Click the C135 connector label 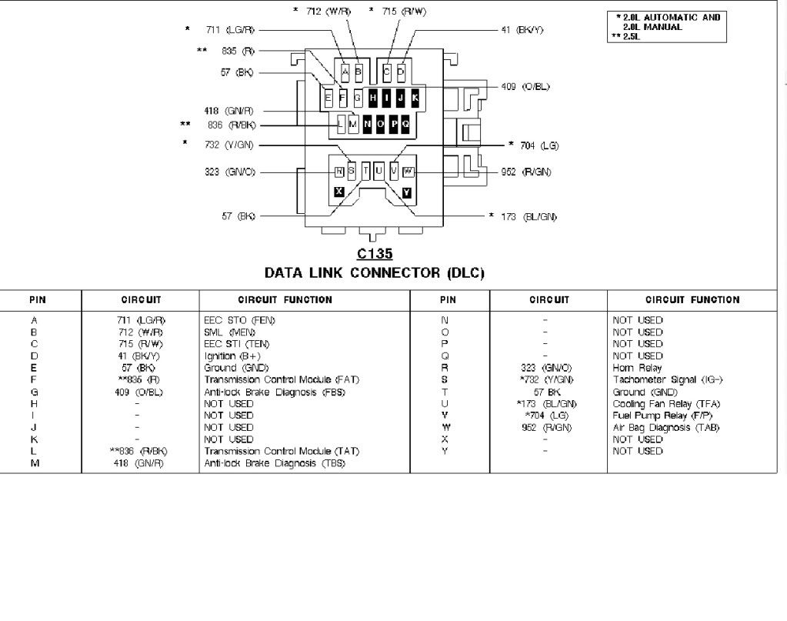point(374,254)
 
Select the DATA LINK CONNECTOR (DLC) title point(374,272)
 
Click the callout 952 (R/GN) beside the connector point(525,172)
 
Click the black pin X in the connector point(338,192)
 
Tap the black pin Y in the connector point(406,192)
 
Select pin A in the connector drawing point(345,72)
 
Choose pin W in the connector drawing point(408,171)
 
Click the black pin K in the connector point(415,98)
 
